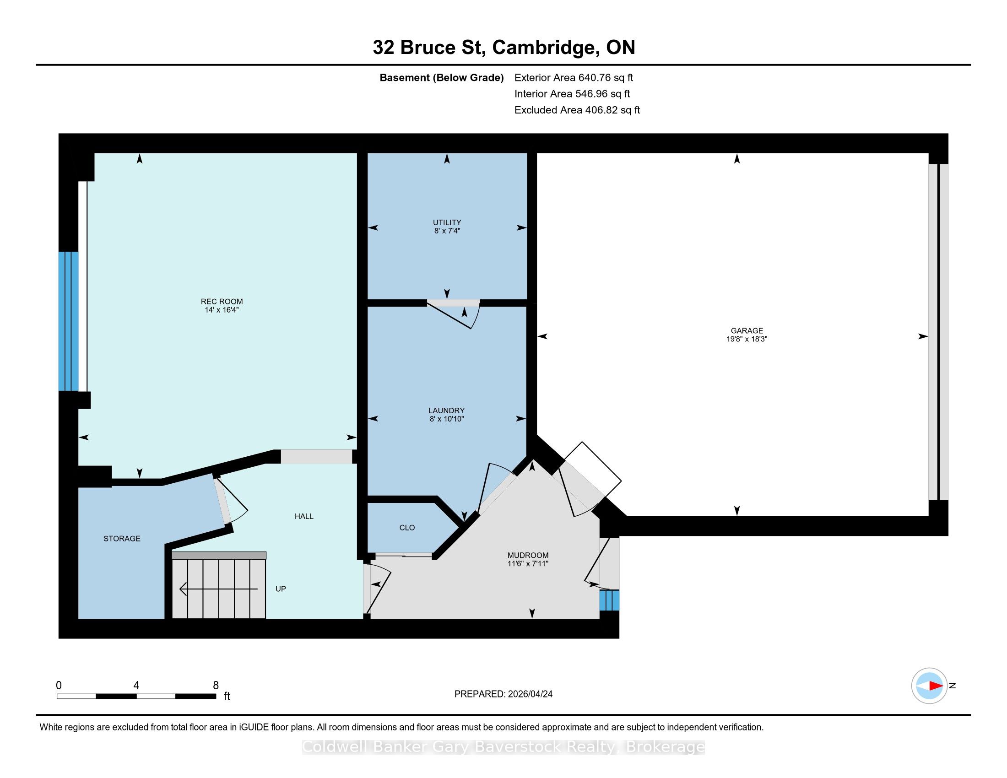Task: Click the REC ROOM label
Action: pyautogui.click(x=222, y=302)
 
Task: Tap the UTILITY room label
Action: pyautogui.click(x=447, y=222)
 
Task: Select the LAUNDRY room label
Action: pyautogui.click(x=446, y=410)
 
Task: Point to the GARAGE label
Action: pyautogui.click(x=747, y=330)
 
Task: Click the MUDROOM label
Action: pyautogui.click(x=528, y=556)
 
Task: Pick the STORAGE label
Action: pyautogui.click(x=122, y=538)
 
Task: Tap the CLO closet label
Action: pyautogui.click(x=407, y=527)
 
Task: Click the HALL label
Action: pyautogui.click(x=304, y=516)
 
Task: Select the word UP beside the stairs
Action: pyautogui.click(x=281, y=589)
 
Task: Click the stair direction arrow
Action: pyautogui.click(x=218, y=589)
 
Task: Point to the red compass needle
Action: pyautogui.click(x=936, y=686)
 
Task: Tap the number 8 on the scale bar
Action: pyautogui.click(x=216, y=685)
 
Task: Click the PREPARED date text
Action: pyautogui.click(x=503, y=694)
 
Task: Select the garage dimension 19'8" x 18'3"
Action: pyautogui.click(x=747, y=339)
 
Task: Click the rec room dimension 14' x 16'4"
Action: pyautogui.click(x=222, y=310)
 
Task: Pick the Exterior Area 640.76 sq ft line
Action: pyautogui.click(x=574, y=77)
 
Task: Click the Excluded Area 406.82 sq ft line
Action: pyautogui.click(x=577, y=110)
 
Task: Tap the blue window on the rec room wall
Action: pyautogui.click(x=68, y=321)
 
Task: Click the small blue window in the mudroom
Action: pyautogui.click(x=609, y=600)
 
